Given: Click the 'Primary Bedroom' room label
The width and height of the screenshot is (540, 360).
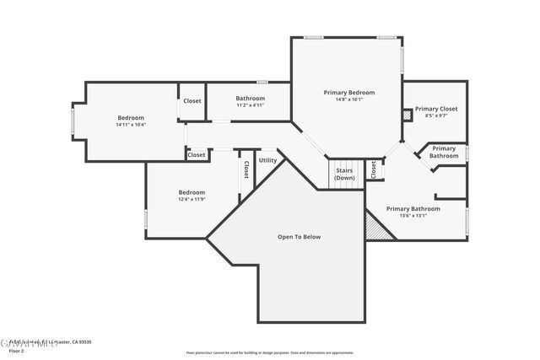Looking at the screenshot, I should click(348, 92).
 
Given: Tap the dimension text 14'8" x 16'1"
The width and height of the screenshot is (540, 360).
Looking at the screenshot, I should click(348, 99).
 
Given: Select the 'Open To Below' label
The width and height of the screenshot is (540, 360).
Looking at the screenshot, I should click(299, 237).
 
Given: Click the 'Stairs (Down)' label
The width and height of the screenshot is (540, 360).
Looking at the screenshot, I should click(344, 175).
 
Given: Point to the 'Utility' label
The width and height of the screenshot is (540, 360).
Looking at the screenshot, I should click(267, 160).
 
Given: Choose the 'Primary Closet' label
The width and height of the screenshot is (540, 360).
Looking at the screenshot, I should click(436, 109).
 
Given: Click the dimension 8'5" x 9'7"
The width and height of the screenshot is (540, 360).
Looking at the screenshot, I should click(436, 116).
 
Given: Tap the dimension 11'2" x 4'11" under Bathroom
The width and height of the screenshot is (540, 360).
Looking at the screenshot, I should click(250, 105).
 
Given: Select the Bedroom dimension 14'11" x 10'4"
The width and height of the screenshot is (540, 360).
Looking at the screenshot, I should click(131, 125).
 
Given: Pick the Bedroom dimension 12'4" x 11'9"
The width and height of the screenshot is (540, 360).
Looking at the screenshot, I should click(192, 200).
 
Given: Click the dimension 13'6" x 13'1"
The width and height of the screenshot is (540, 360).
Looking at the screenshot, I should click(413, 215).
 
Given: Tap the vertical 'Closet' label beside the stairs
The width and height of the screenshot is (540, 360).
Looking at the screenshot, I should click(374, 169).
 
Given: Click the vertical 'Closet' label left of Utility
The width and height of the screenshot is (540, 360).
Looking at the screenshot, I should click(246, 169).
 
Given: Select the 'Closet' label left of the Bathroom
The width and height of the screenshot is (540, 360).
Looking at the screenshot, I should click(192, 101).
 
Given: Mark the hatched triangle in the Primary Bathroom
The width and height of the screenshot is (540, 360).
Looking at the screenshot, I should click(376, 228).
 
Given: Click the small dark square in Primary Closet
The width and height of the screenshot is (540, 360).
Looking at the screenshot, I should click(407, 116).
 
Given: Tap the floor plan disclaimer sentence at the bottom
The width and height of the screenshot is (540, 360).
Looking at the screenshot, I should click(269, 352).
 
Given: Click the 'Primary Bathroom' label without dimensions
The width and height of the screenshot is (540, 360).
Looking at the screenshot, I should click(444, 153).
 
